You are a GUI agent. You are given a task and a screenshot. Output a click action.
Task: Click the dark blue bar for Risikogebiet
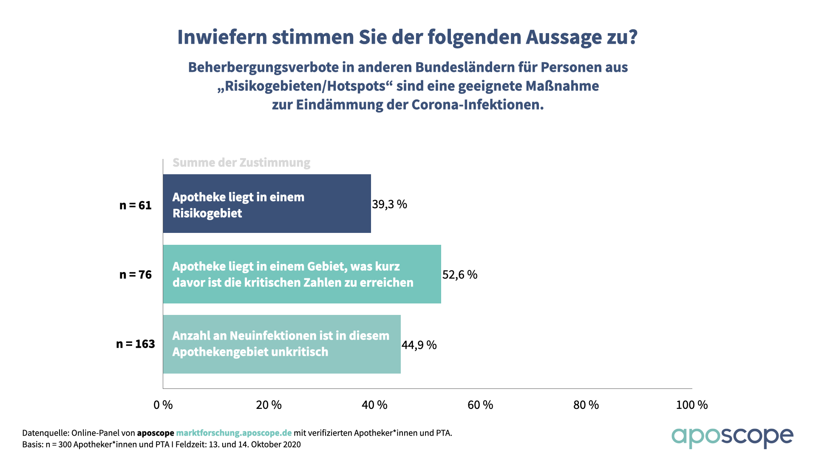coord(267,204)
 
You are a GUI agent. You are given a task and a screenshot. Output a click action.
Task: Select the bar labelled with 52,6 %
coord(302,274)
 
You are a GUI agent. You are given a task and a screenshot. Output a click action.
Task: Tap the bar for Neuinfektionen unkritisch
coord(282,344)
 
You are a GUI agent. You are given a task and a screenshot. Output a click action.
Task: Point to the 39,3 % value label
coord(389,204)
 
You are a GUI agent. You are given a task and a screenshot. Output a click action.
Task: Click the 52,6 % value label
coord(460,275)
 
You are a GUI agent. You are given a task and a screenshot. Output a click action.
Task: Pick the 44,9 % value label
coord(419,345)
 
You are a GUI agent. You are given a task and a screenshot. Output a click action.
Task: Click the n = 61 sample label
coord(135,205)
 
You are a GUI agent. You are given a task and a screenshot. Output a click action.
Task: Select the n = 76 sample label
coord(135,275)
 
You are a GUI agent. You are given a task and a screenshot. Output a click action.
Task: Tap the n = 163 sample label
coord(135,344)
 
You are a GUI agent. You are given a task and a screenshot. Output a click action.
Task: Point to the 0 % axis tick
coord(163,405)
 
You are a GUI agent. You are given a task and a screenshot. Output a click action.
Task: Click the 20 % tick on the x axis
coord(269,405)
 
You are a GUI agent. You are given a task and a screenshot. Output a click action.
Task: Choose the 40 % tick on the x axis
coord(374,405)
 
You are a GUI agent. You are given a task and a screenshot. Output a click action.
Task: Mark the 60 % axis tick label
coord(480,405)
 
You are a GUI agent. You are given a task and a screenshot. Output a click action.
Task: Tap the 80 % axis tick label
coord(586,405)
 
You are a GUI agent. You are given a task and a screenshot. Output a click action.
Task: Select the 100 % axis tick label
coord(692,405)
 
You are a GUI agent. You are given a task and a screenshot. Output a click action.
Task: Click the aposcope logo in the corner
coord(732,437)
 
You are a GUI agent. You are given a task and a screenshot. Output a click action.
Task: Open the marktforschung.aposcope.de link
coord(234,433)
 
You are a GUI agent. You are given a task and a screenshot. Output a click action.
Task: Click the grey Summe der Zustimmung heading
coord(241,162)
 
